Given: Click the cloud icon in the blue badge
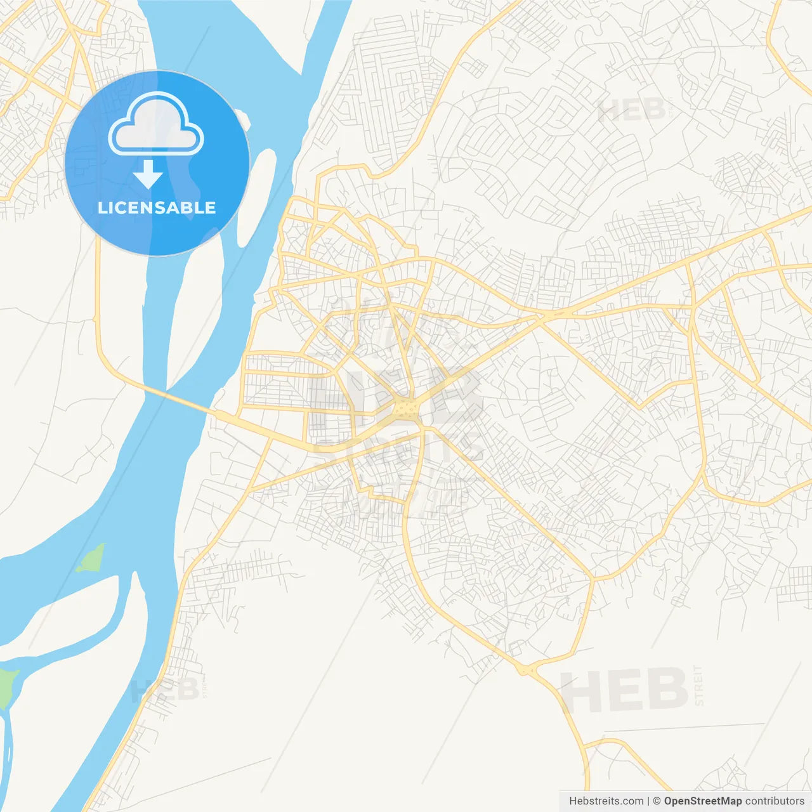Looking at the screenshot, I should (x=156, y=124).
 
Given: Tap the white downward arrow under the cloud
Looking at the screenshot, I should (x=148, y=174).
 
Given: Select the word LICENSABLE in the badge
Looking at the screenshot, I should (x=157, y=208).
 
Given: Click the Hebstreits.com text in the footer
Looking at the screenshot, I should (x=606, y=801).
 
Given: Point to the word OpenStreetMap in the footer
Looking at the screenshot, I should (x=702, y=801).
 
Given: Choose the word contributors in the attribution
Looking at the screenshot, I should (x=775, y=801).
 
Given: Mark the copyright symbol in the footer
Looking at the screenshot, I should (x=657, y=801).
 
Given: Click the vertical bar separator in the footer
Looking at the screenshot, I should (x=648, y=801).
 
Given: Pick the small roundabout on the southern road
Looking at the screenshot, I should (x=526, y=669).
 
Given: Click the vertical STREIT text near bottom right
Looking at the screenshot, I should (x=698, y=686).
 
